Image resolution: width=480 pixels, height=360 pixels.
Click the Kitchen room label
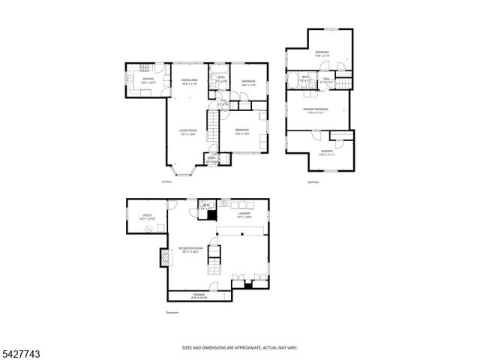pos(148,79)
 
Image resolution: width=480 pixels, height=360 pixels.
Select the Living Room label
pos(188,133)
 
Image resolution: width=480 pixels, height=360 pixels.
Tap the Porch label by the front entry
pos(212,159)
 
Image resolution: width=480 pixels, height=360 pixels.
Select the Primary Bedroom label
pos(315,111)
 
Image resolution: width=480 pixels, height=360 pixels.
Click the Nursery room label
pos(327,152)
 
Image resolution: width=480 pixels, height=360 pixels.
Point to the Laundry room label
pos(244,214)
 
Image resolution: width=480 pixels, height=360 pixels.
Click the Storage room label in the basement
pos(199,295)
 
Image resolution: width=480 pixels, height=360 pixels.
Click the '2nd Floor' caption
pos(313,182)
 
